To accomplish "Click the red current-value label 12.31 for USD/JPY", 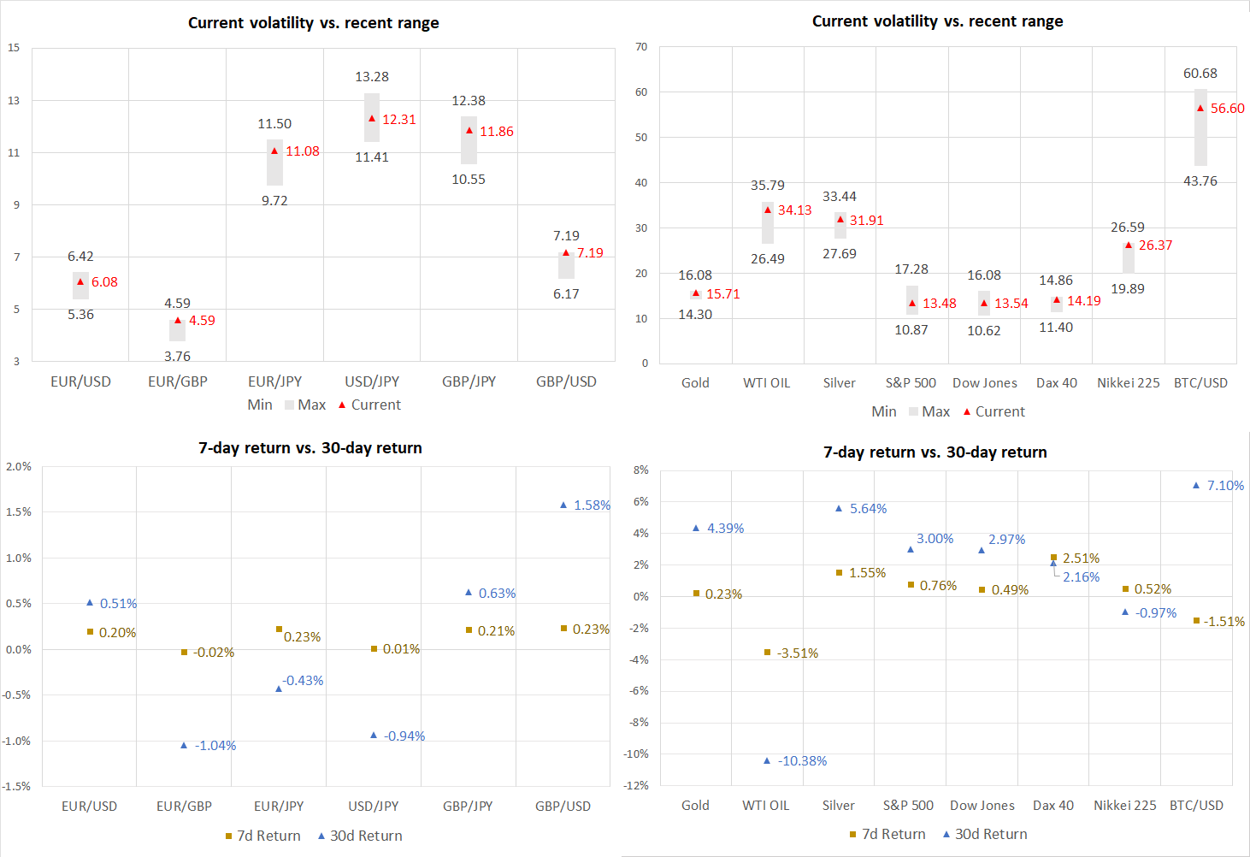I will (x=398, y=120).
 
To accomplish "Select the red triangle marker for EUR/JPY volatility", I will (x=274, y=151).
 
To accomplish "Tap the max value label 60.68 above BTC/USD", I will (x=1200, y=74).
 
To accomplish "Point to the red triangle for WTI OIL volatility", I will (x=768, y=210).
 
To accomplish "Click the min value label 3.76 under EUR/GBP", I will (x=177, y=356).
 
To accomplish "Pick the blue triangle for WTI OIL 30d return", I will (x=767, y=760).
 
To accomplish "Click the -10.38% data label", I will (x=802, y=761).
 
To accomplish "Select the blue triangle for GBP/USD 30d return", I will (x=563, y=505).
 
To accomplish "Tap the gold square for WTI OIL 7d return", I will (x=767, y=653).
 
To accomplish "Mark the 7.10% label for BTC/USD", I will (x=1225, y=486).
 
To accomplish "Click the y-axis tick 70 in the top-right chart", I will (x=641, y=47).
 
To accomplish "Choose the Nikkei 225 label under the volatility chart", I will (x=1129, y=383).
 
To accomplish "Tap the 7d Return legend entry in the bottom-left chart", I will (x=262, y=836).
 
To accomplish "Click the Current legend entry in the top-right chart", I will (x=994, y=411).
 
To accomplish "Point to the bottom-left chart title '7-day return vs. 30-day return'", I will (x=310, y=448).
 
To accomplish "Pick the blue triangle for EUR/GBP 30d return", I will (x=184, y=746).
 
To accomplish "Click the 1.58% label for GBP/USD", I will (x=592, y=505).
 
